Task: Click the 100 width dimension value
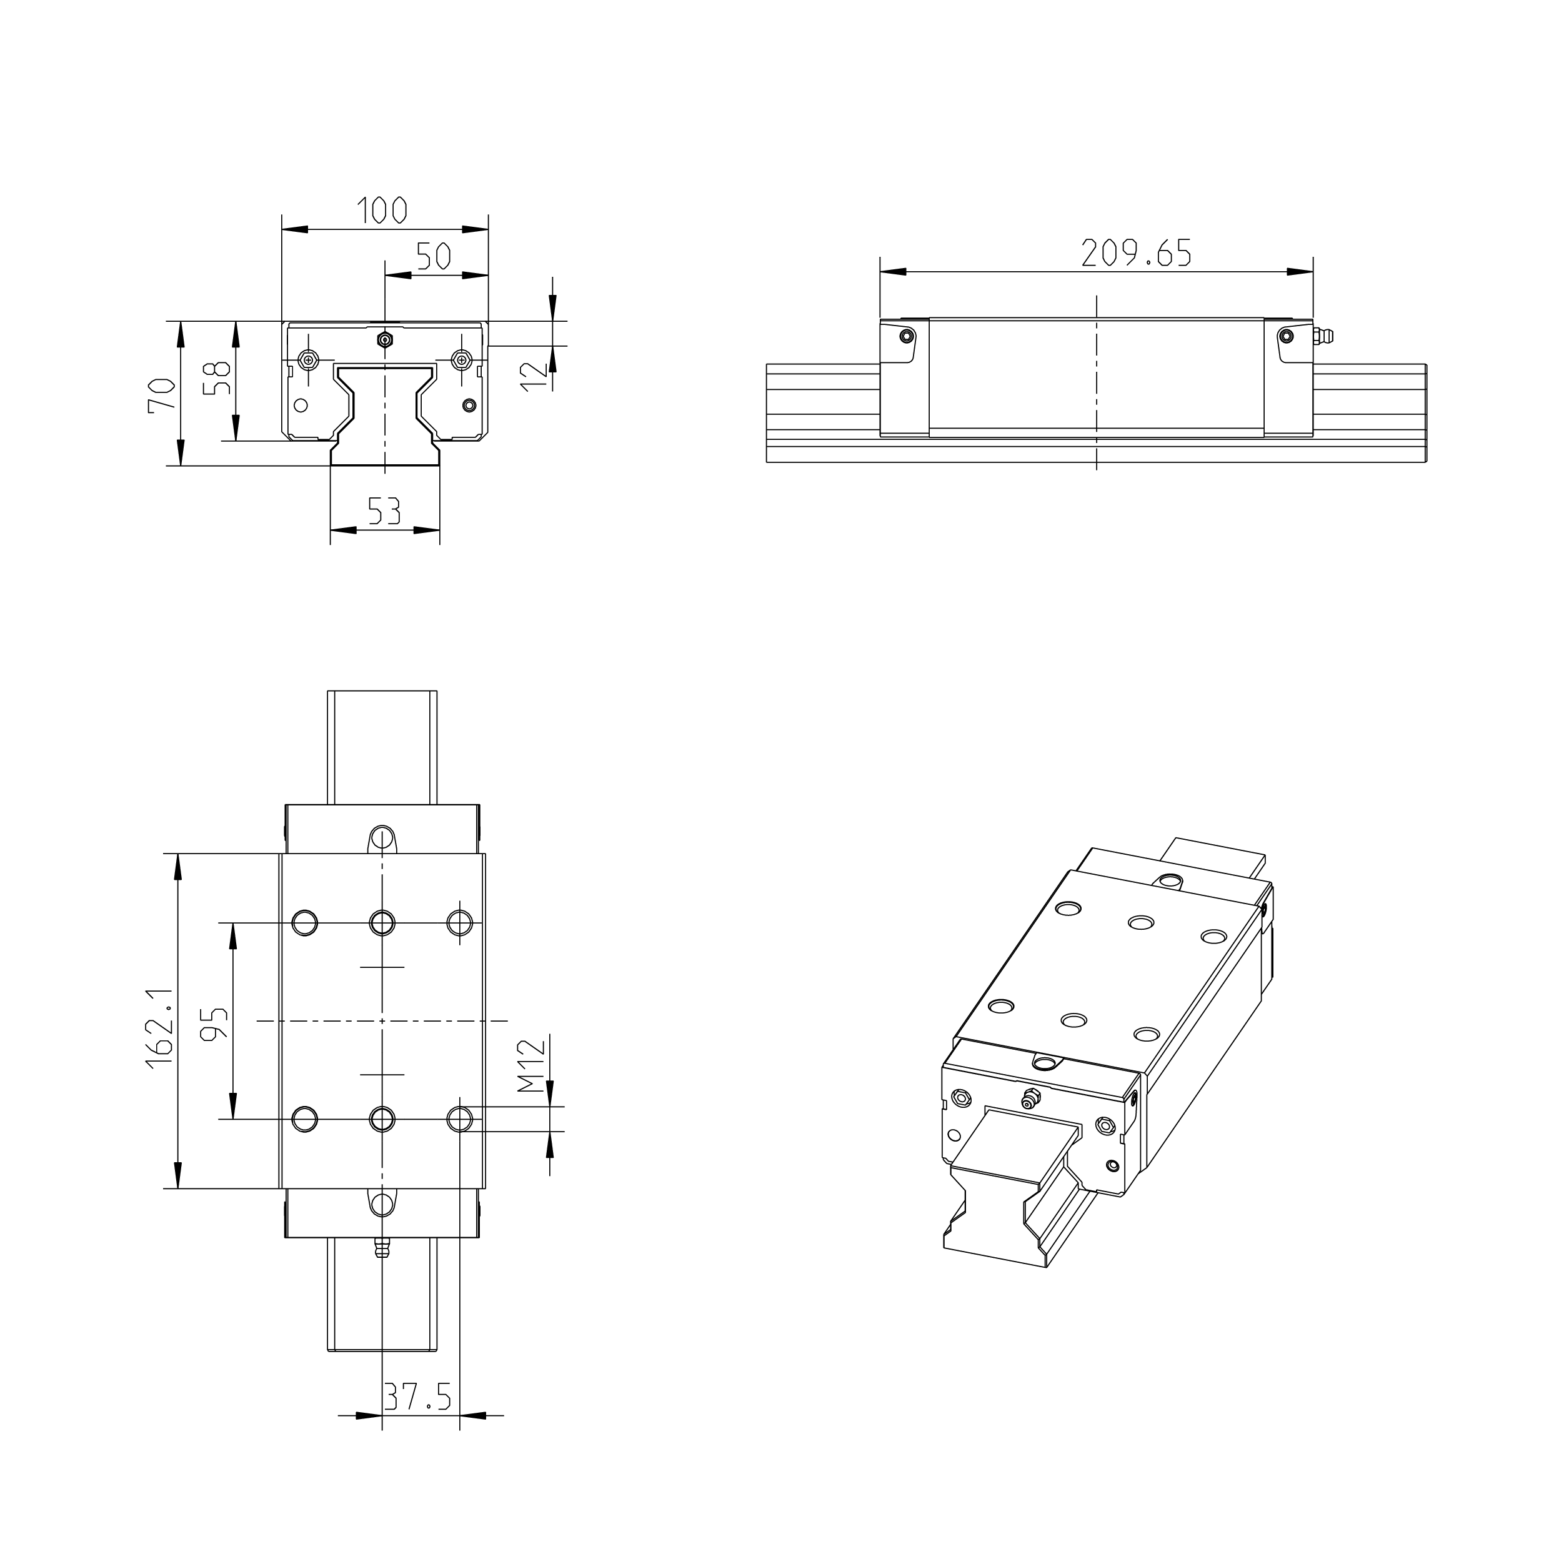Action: coord(382,211)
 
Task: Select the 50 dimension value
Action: coord(434,257)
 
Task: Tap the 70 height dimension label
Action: coord(162,394)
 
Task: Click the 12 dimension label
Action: coord(533,374)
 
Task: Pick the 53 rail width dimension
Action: coord(384,511)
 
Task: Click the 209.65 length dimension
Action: coord(1136,252)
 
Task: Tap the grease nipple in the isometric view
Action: coord(1031,1098)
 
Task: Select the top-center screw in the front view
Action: coord(386,340)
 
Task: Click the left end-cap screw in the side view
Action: coord(907,335)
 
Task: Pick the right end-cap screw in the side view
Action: coord(1285,335)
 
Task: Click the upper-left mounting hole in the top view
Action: coord(305,923)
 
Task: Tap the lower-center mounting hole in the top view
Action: coord(382,1118)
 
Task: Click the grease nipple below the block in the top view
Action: coord(382,1248)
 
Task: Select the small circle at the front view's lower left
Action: coord(301,405)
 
